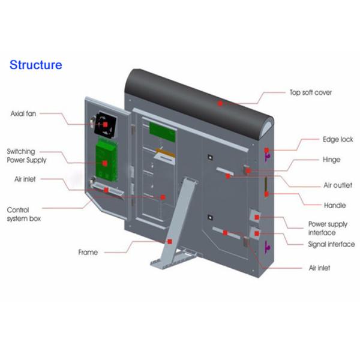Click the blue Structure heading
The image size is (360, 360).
pos(35,65)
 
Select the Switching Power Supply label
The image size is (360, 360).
pos(26,155)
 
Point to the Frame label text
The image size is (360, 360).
pos(88,252)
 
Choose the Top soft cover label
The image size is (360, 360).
pos(310,93)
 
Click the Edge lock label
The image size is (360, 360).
pos(338,139)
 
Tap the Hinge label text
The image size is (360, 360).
pos(332,160)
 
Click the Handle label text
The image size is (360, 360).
pos(335,205)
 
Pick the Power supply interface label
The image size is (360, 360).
pos(328,228)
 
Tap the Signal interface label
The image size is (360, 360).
pos(331,244)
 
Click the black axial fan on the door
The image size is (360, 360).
pos(107,125)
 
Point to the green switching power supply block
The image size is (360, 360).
pos(104,161)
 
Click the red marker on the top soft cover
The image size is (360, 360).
pos(220,103)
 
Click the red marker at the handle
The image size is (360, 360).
pos(266,194)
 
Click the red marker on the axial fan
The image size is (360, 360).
pos(106,124)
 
